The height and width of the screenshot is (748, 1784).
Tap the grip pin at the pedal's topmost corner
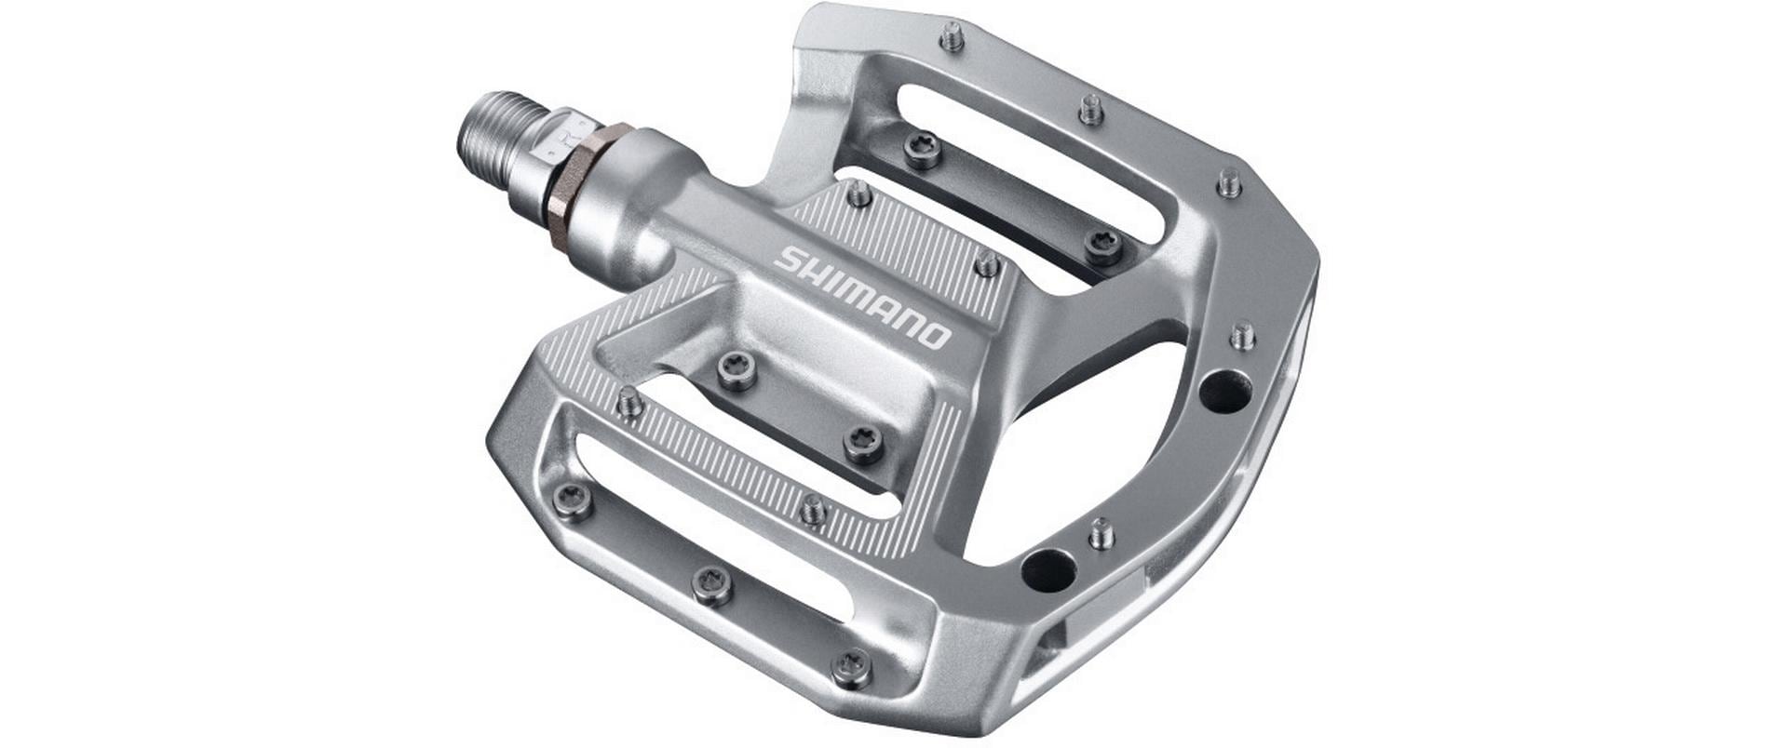click(x=951, y=38)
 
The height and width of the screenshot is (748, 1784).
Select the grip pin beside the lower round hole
click(x=1101, y=533)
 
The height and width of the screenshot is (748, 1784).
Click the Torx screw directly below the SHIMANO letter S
click(x=737, y=370)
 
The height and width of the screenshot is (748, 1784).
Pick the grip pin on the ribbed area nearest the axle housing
click(x=858, y=194)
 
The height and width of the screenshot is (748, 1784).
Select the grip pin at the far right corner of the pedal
click(x=1230, y=182)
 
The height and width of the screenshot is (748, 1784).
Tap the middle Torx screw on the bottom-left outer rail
click(x=711, y=584)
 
